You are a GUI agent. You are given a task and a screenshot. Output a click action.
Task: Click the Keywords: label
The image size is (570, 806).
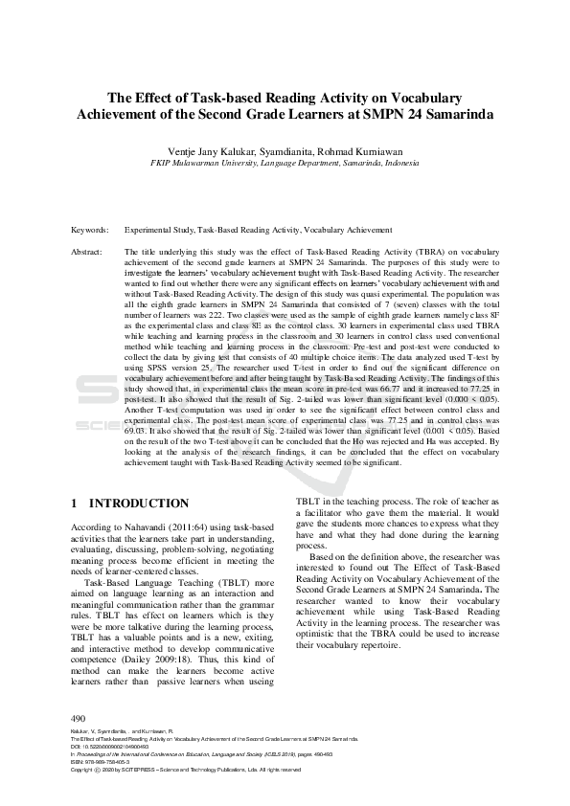pyautogui.click(x=90, y=231)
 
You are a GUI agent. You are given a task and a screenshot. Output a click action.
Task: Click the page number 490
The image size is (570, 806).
pyautogui.click(x=79, y=718)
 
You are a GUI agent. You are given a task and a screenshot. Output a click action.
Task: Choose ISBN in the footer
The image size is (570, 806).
pyautogui.click(x=78, y=762)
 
